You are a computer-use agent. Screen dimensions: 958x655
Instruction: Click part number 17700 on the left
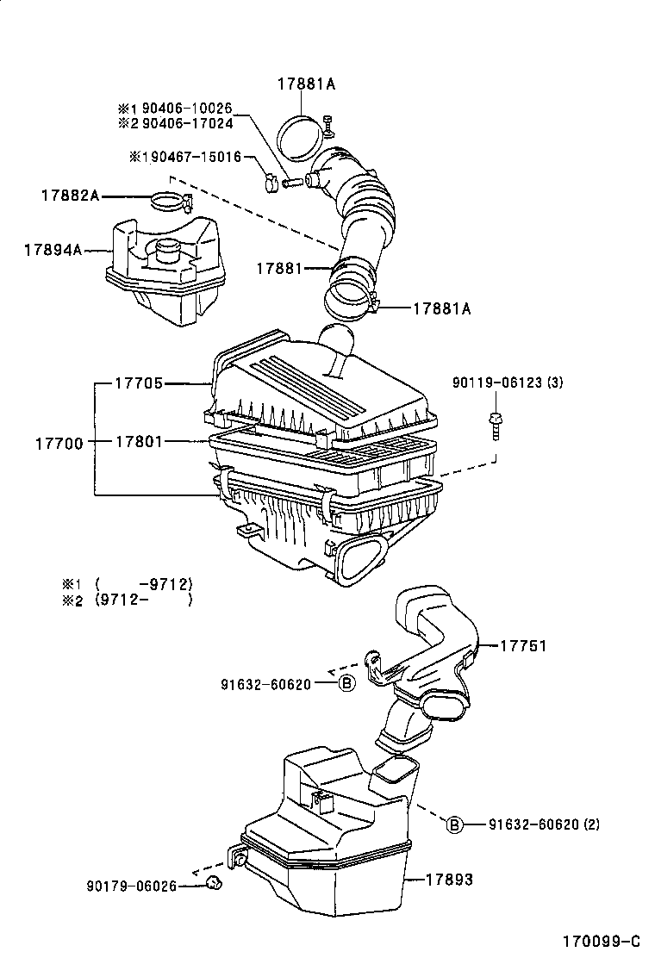[x=59, y=443]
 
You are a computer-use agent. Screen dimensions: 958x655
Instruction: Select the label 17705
[x=139, y=383]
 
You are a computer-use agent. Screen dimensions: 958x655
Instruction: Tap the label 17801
[x=139, y=442]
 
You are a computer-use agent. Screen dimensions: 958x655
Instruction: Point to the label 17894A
[x=53, y=250]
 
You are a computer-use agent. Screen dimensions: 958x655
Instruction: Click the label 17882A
[x=70, y=196]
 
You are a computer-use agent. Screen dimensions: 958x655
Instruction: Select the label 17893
[x=450, y=880]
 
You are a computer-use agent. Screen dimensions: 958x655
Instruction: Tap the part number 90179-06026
[x=130, y=885]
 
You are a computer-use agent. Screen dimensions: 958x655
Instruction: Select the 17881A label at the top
[x=305, y=84]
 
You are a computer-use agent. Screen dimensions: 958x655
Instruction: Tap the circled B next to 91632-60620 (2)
[x=454, y=825]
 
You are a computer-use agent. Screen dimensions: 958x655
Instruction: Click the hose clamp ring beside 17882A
[x=169, y=202]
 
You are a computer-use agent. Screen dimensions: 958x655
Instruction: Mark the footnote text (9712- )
[x=143, y=600]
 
